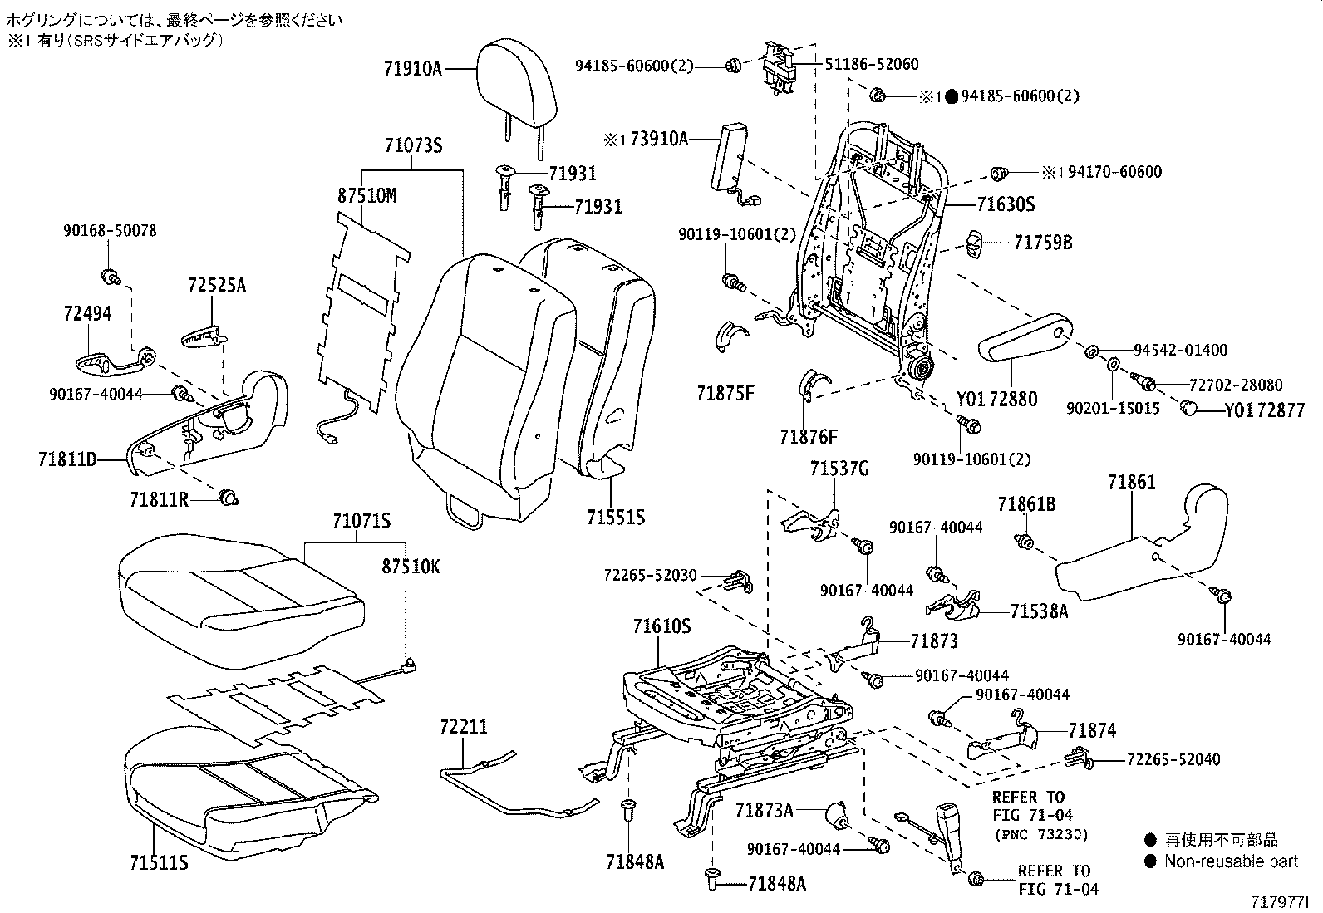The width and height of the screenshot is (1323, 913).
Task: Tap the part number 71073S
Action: (413, 146)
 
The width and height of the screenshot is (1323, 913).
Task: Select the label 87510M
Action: (366, 196)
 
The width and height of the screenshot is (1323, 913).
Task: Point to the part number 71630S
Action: (1006, 204)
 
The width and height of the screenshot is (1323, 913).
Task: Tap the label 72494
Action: (87, 313)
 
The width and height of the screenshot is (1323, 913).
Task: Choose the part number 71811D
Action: (67, 459)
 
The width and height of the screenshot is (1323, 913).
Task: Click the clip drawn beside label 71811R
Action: (229, 498)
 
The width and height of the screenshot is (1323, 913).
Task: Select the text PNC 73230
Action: (1040, 835)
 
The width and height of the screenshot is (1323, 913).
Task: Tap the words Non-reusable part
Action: (1231, 861)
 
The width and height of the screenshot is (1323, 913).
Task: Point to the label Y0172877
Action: (1263, 410)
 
